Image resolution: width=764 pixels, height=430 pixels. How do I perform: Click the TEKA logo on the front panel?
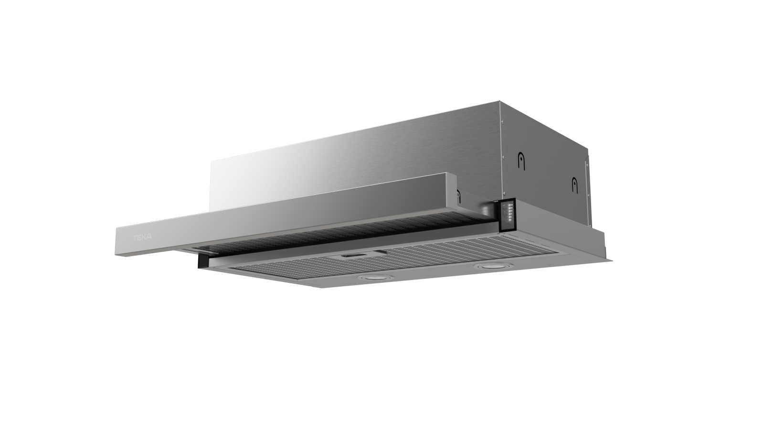(x=142, y=237)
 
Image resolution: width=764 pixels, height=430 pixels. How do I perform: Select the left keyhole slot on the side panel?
(x=521, y=161)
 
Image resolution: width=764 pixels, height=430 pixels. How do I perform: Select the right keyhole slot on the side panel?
(x=575, y=185)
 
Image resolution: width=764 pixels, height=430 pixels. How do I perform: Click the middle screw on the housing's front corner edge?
(x=504, y=157)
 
